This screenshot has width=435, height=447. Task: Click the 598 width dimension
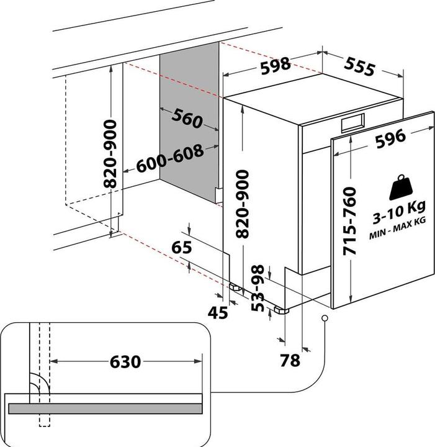276,66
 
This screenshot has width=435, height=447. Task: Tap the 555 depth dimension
359,66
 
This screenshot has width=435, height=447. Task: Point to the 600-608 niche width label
170,159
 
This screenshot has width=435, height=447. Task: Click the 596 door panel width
390,138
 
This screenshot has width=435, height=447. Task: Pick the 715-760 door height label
349,221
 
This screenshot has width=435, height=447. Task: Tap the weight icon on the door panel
401,187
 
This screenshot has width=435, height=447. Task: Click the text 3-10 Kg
399,212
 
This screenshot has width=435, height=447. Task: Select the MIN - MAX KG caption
397,228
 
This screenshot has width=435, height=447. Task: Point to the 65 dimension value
182,247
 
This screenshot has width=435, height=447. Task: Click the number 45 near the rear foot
218,313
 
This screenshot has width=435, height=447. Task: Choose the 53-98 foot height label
258,288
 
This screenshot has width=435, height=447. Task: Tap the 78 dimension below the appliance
290,360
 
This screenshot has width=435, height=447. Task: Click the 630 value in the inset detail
125,362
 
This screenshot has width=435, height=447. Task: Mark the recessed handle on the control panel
353,123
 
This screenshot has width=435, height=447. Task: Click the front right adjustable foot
281,310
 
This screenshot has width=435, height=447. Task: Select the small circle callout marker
325,318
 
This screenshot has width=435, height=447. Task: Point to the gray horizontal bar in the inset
105,409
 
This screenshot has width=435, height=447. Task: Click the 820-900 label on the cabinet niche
110,154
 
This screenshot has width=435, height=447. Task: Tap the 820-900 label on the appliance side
243,204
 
